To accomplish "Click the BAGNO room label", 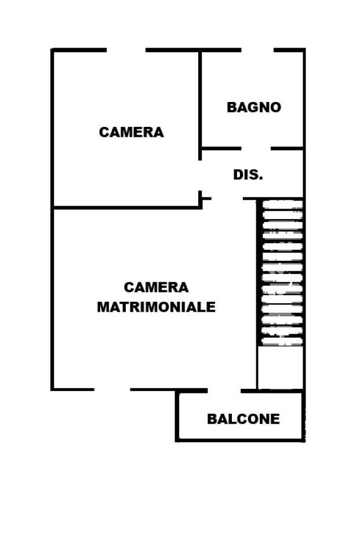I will (x=253, y=107).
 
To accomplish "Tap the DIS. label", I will (x=248, y=174).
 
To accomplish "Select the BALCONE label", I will (x=243, y=418).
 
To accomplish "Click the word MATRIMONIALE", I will (x=156, y=307).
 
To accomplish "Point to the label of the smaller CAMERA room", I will (x=131, y=132).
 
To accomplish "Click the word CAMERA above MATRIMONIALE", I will (x=156, y=287).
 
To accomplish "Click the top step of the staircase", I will (x=282, y=204).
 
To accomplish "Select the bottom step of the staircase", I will (x=282, y=341).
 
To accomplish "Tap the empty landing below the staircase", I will (x=281, y=367).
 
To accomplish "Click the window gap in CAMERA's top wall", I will (x=126, y=50).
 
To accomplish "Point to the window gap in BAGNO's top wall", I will (x=257, y=50).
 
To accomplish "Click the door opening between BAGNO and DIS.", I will (x=256, y=148).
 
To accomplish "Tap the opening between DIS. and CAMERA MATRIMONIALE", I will (x=227, y=199).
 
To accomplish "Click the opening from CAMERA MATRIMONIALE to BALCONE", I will (x=224, y=391).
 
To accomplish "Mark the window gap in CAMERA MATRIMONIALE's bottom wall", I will (x=112, y=389).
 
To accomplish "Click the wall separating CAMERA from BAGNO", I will (x=200, y=98).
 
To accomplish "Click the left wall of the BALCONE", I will (x=177, y=416).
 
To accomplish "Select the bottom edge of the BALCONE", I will (x=240, y=440).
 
